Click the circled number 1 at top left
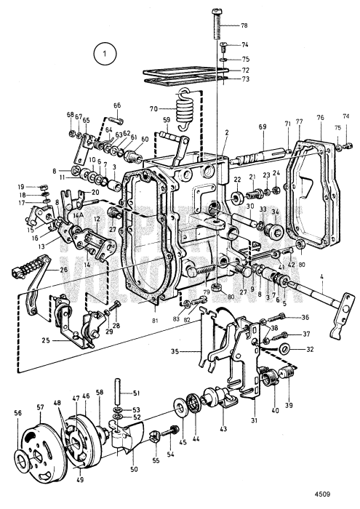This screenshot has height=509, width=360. tap(105, 53)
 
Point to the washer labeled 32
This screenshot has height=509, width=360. tap(289, 349)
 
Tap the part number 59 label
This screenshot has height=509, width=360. tap(167, 120)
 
